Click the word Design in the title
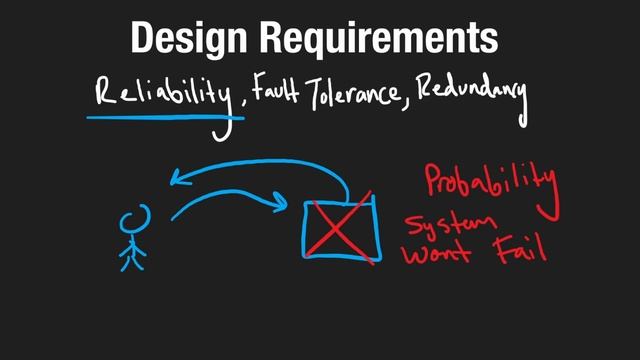coord(190,38)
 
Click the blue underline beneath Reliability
coord(165,116)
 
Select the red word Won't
coord(438,254)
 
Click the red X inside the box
coord(340,228)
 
